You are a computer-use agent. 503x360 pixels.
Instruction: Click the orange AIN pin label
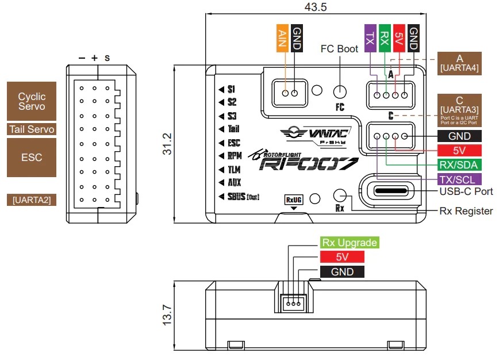(x=282, y=39)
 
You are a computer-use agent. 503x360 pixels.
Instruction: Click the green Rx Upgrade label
(x=349, y=243)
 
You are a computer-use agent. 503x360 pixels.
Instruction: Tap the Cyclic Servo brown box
(x=32, y=102)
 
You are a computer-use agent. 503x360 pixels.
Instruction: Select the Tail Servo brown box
(x=32, y=129)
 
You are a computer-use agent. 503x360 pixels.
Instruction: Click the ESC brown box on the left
(x=32, y=157)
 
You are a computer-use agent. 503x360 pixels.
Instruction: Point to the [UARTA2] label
(x=32, y=200)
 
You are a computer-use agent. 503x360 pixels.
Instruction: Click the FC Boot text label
(x=339, y=49)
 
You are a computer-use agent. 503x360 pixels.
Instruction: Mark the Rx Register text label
(x=466, y=211)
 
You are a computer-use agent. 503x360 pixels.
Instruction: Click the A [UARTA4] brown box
(x=460, y=63)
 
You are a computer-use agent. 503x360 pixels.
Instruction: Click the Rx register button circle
(x=340, y=196)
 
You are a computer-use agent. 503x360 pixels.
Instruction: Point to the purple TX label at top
(x=370, y=38)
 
